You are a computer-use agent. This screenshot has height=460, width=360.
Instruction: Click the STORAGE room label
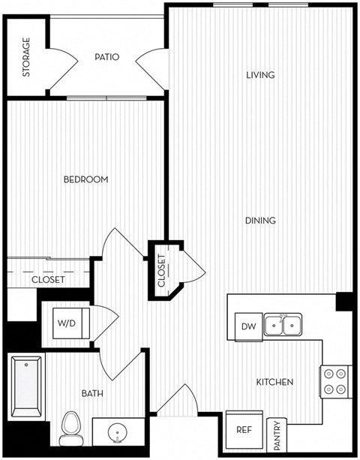(26, 57)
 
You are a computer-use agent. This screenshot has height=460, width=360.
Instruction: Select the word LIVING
(260, 75)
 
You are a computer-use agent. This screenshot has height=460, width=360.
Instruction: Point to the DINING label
(260, 221)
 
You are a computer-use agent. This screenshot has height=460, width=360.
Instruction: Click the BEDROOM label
(85, 179)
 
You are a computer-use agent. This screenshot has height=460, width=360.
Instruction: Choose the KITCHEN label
(274, 382)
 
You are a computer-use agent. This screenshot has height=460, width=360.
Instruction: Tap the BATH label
(92, 392)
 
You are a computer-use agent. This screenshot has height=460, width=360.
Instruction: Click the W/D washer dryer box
(65, 323)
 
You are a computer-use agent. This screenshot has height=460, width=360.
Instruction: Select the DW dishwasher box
(248, 326)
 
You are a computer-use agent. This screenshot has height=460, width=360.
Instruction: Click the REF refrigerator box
(244, 431)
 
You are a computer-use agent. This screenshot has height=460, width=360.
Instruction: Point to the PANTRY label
(277, 434)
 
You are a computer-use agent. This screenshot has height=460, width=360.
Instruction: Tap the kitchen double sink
(283, 325)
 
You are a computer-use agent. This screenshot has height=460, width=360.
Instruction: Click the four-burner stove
(335, 381)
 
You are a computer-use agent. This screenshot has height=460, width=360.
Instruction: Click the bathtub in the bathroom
(28, 388)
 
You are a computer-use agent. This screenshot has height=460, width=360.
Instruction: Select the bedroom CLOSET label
(48, 280)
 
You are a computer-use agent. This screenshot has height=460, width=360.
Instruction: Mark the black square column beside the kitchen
(345, 301)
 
